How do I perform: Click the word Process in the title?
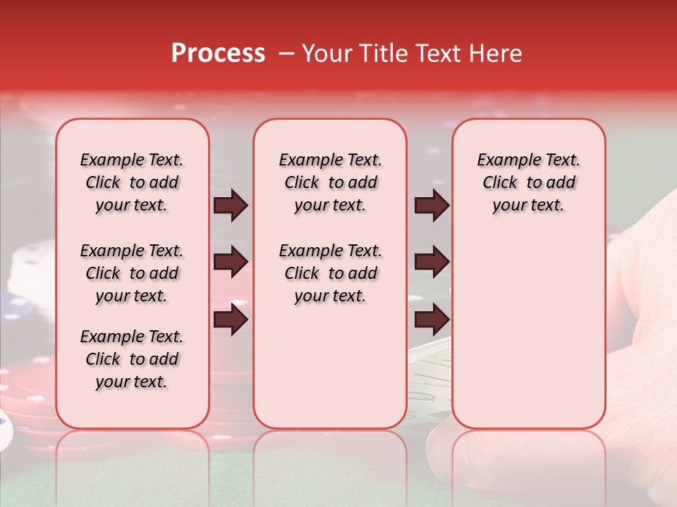click(x=218, y=54)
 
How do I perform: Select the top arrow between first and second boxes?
click(x=231, y=206)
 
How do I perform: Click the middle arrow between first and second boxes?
click(x=231, y=262)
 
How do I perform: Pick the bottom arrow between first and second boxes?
click(x=231, y=320)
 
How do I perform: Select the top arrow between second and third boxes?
click(x=432, y=206)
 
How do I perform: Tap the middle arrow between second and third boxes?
click(x=432, y=262)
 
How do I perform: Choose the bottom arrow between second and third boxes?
click(x=432, y=320)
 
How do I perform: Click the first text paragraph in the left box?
click(x=132, y=182)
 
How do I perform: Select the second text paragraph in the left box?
click(x=132, y=273)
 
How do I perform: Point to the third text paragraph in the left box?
click(x=132, y=359)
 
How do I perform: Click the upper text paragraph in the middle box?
click(x=330, y=182)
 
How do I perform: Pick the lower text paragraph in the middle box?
click(x=330, y=273)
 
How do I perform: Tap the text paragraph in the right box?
click(x=528, y=182)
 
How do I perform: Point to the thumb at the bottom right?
click(x=451, y=451)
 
